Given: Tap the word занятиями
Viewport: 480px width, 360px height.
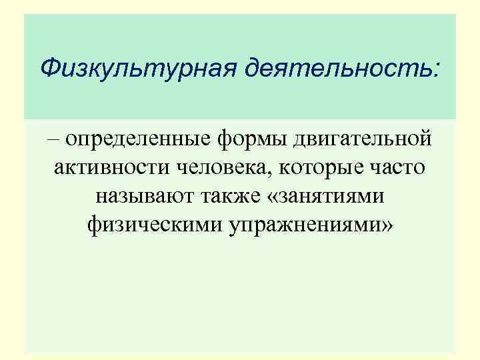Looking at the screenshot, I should [333, 198].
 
